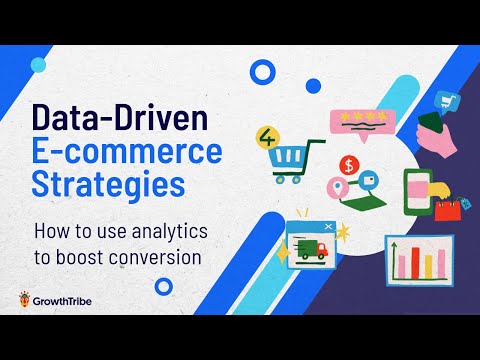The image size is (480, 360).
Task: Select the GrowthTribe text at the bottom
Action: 69,298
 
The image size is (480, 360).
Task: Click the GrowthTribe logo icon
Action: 23,298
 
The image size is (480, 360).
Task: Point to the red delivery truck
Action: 312,251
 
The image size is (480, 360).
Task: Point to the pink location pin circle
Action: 338,187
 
